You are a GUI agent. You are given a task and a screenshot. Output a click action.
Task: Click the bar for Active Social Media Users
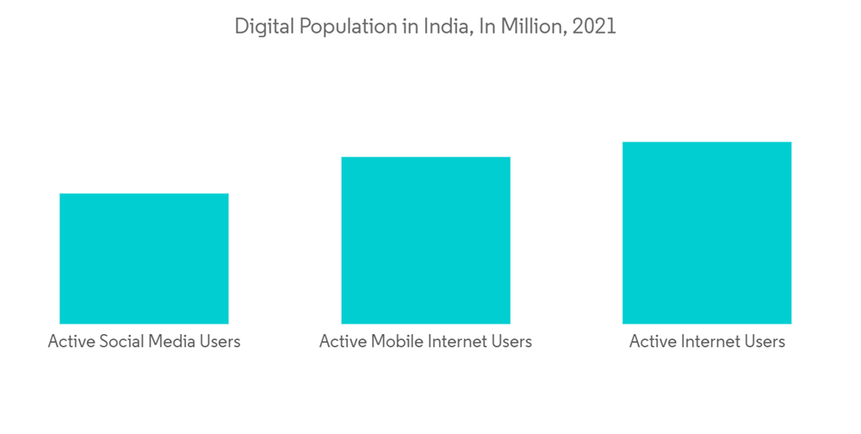(144, 258)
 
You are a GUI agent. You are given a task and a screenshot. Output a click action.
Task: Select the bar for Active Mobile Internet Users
(425, 240)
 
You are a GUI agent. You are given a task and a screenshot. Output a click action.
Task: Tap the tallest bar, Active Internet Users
(706, 232)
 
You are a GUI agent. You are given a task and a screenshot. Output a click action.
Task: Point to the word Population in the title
(339, 27)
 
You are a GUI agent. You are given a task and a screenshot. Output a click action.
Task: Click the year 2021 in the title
(594, 27)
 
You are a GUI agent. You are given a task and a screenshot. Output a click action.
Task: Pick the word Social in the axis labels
(121, 342)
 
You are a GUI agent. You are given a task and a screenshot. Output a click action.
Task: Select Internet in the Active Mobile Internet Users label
(456, 342)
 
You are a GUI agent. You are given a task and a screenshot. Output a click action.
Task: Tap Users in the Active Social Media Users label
(220, 342)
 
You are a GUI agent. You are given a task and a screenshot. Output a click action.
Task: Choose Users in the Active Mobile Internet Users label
(511, 342)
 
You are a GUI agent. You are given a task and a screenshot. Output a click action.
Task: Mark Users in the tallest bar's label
(765, 342)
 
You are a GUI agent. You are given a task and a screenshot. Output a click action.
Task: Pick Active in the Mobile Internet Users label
(342, 342)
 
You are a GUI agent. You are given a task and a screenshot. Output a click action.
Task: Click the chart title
(425, 27)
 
